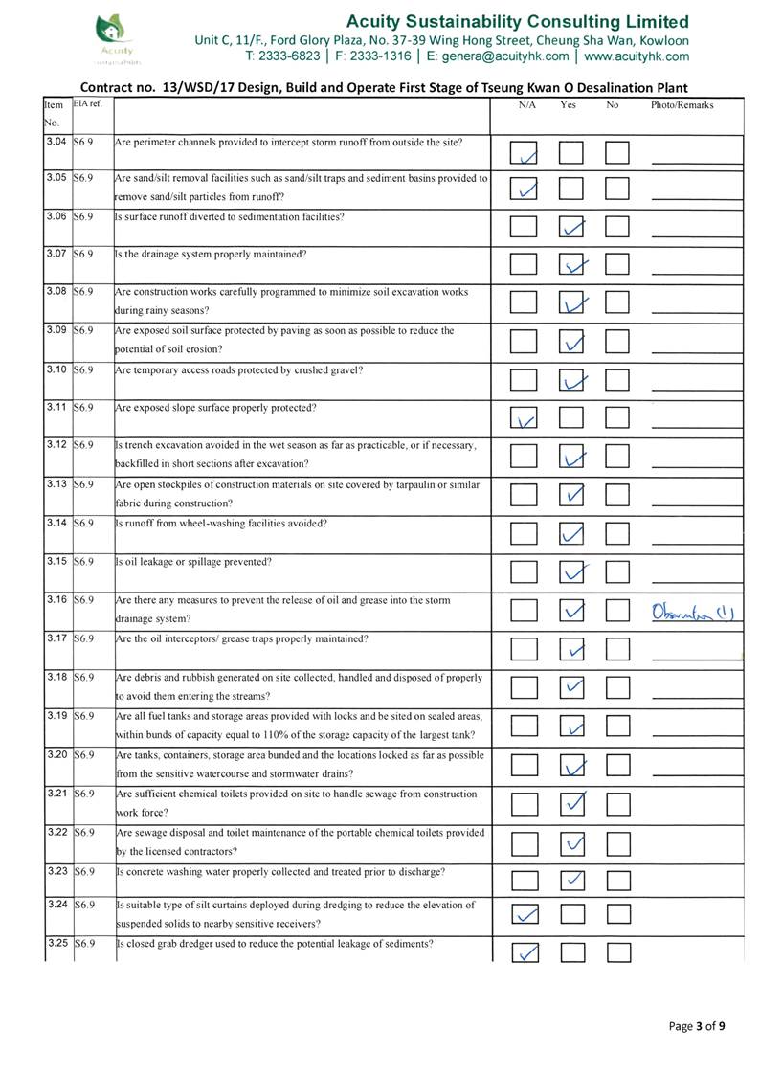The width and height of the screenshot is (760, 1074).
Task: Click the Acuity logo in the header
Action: tap(115, 35)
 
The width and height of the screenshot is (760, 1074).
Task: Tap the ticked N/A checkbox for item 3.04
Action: tap(524, 153)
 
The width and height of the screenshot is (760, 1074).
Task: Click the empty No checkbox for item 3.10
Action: tap(618, 381)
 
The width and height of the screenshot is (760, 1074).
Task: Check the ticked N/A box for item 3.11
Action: tap(524, 418)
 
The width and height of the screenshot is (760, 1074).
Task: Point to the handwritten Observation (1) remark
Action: tap(692, 611)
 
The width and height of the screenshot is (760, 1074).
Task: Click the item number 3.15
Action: tap(56, 561)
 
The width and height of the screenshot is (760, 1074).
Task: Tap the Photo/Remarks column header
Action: tap(682, 105)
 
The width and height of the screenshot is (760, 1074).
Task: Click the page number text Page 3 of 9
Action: tap(697, 1027)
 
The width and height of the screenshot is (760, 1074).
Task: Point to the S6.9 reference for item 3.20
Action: tap(84, 754)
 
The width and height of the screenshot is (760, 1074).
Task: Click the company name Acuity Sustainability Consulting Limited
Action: tap(517, 21)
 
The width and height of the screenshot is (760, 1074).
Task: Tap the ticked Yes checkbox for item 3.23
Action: tap(571, 879)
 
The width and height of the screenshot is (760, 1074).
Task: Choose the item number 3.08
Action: tap(56, 291)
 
